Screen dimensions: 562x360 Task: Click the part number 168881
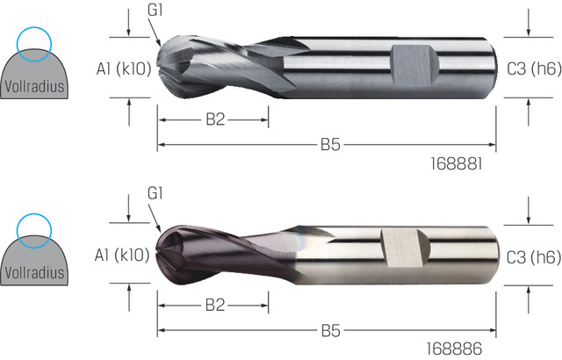click(x=457, y=164)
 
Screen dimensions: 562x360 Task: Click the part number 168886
click(x=454, y=349)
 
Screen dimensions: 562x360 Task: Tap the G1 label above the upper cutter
click(x=155, y=10)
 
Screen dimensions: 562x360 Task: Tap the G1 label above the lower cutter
click(x=155, y=193)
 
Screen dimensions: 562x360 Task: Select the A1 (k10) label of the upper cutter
click(x=124, y=68)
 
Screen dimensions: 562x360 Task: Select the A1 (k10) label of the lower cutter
click(x=122, y=255)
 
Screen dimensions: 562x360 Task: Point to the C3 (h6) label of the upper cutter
click(x=534, y=68)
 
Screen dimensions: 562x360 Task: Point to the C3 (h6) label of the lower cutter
click(x=534, y=257)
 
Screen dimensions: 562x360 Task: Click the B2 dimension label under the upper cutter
click(x=215, y=119)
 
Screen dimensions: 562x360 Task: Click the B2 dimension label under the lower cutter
click(x=215, y=306)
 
